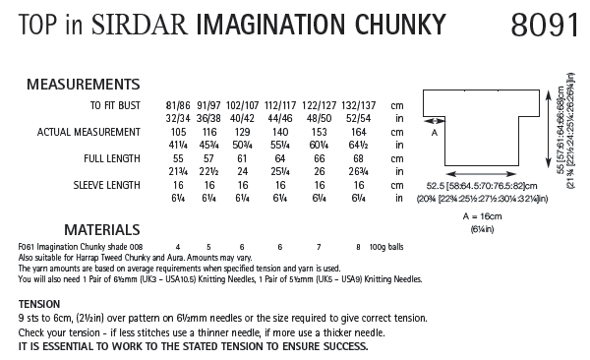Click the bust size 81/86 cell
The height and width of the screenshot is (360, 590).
coord(179,102)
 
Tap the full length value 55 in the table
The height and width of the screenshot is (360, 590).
coord(179,156)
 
